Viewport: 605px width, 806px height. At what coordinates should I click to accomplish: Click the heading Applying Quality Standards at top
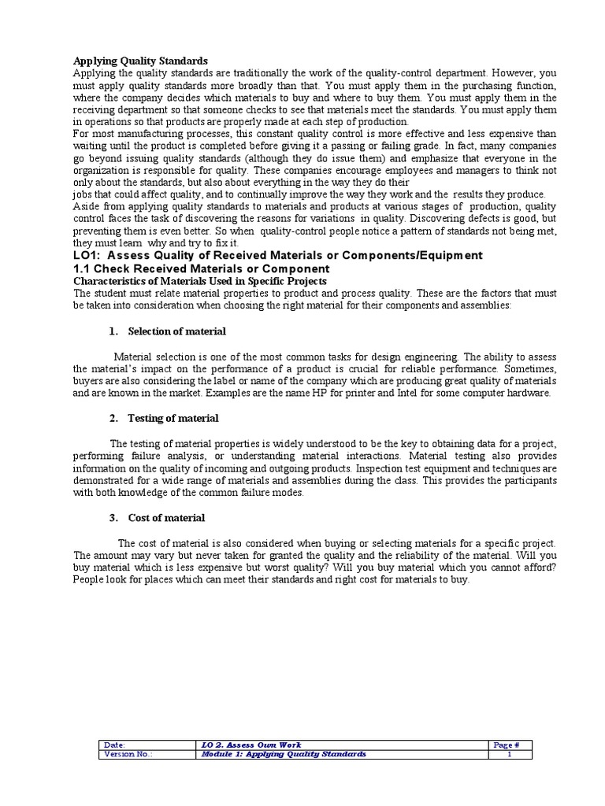(x=140, y=61)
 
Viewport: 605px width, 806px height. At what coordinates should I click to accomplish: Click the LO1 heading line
(x=278, y=255)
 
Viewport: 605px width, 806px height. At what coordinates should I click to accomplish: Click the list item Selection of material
(x=176, y=331)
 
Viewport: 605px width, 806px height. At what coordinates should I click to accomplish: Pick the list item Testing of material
(x=173, y=418)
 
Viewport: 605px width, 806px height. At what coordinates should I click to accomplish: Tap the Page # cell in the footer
(x=507, y=745)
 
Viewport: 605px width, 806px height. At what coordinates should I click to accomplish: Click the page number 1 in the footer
(x=510, y=754)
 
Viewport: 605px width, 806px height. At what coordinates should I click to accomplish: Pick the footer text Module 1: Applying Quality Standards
(x=284, y=754)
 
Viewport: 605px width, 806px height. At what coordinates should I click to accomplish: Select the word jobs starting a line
(x=84, y=194)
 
